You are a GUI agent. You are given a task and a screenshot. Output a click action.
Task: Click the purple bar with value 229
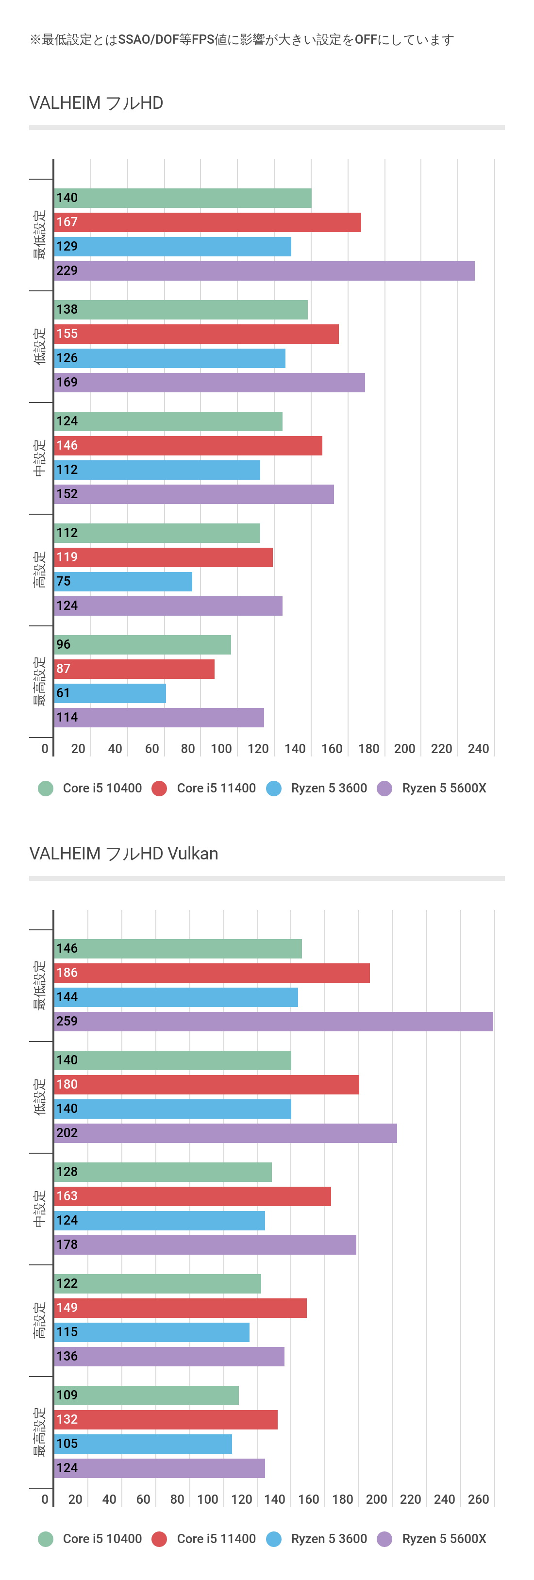point(264,270)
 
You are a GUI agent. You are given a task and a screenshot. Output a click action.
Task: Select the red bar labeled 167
point(207,222)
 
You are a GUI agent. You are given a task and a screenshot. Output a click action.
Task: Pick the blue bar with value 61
point(110,693)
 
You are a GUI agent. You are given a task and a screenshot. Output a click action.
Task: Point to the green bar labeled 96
point(142,645)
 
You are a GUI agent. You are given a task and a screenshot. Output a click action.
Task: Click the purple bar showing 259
point(273,1021)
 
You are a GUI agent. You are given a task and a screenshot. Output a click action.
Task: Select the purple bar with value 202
point(225,1133)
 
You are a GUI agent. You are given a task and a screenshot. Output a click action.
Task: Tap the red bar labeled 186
point(212,973)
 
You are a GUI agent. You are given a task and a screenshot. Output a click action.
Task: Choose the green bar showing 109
point(146,1395)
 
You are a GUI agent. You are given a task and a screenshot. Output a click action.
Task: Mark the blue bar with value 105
point(143,1444)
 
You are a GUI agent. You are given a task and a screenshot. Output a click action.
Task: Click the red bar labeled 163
point(192,1196)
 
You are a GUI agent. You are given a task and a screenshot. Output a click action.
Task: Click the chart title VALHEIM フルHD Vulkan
point(123,853)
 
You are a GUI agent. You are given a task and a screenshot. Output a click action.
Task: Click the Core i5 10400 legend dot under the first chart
point(45,788)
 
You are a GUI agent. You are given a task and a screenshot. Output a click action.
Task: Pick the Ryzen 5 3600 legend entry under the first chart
point(317,788)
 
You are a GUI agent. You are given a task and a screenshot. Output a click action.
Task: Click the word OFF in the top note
point(366,40)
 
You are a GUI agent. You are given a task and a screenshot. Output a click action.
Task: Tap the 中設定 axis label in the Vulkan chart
point(39,1209)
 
